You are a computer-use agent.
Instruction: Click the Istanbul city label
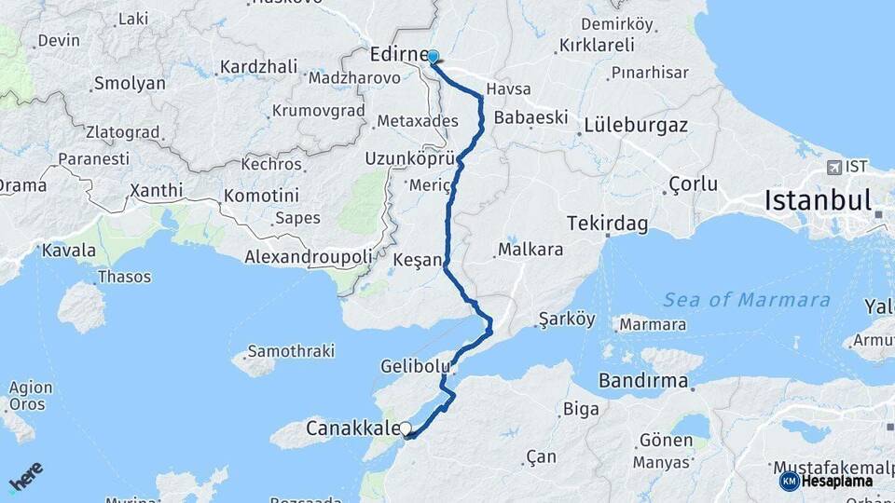click(818, 200)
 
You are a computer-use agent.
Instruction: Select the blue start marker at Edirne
click(433, 57)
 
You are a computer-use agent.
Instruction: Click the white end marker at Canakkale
click(405, 429)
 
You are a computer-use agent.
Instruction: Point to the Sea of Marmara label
click(746, 300)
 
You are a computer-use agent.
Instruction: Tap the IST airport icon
click(833, 168)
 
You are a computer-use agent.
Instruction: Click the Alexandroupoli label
click(308, 255)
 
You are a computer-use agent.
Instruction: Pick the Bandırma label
click(643, 381)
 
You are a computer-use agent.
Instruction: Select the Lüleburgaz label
click(636, 124)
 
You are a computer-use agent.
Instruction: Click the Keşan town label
click(417, 259)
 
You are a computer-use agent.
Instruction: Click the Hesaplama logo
click(828, 481)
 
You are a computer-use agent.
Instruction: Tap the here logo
click(25, 476)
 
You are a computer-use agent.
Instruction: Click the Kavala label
click(69, 250)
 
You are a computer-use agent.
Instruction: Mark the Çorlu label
click(694, 184)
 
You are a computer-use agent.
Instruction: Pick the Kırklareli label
click(597, 45)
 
